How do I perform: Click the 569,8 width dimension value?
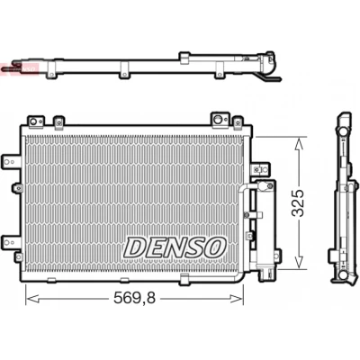coord(134,299)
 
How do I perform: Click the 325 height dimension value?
coord(298,202)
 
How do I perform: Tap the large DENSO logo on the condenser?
coord(175,247)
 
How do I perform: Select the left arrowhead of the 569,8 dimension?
coord(32,299)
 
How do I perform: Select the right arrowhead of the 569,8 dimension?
coord(236,299)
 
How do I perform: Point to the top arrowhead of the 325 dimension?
coord(299,144)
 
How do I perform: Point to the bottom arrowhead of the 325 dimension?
coord(299,260)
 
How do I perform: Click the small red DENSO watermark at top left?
coord(20,69)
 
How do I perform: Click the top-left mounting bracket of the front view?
coord(36,121)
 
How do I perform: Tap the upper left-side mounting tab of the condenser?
coord(11,162)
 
